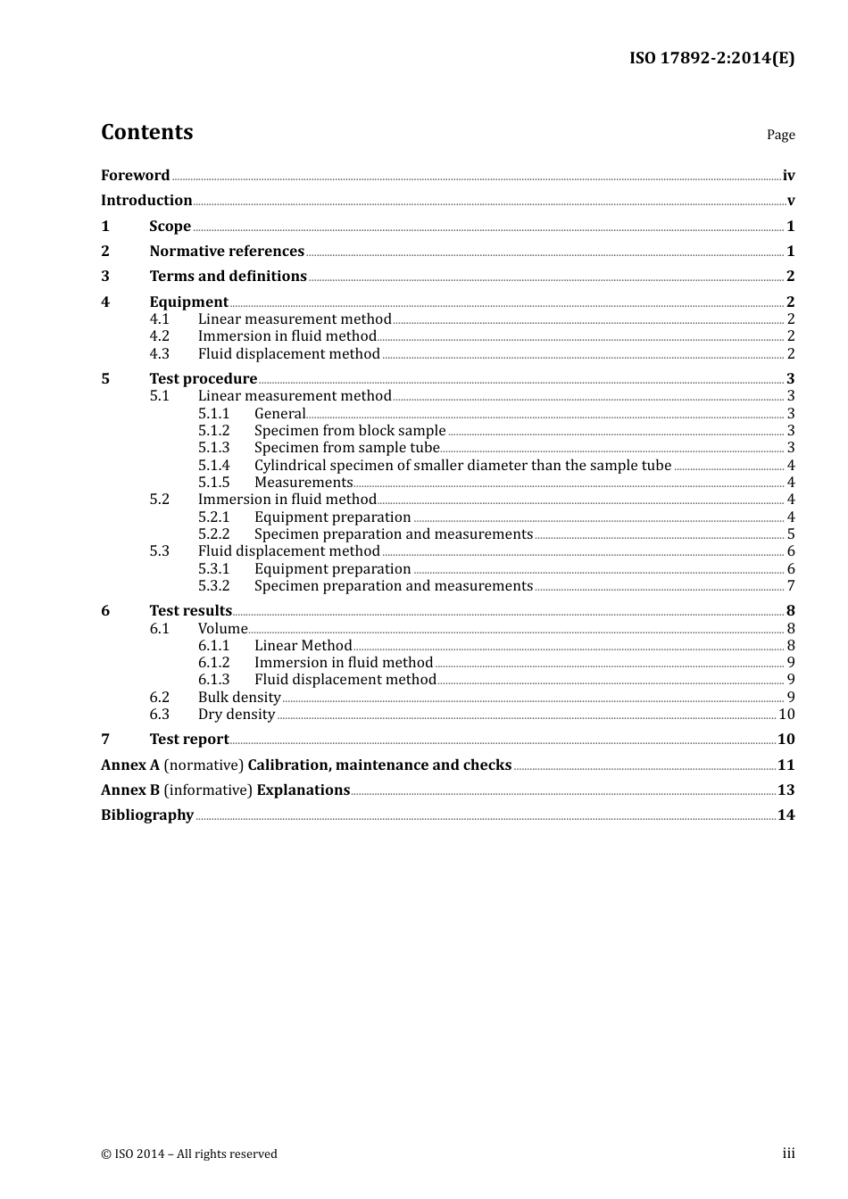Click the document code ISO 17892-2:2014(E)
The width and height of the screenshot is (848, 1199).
point(711,59)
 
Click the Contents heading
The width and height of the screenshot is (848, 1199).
point(146,132)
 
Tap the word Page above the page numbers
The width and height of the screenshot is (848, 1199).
point(780,135)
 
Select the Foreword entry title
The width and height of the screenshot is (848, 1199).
point(135,176)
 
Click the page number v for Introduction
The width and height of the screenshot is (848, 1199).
point(790,201)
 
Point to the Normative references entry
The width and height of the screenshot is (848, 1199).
point(227,252)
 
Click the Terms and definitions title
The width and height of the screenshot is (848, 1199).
point(228,277)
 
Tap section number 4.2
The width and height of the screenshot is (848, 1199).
point(159,336)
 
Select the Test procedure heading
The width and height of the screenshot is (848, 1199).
point(203,379)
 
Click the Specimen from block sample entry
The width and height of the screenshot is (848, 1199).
point(349,431)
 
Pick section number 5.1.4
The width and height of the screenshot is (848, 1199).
point(213,466)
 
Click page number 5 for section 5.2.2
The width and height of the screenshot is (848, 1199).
point(791,534)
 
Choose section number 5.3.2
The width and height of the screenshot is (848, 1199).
point(213,586)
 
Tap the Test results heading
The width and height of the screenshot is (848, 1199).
point(190,611)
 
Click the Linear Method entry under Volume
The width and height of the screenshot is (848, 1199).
point(303,646)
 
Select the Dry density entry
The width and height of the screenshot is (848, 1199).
point(236,715)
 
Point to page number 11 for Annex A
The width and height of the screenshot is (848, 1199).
point(786,765)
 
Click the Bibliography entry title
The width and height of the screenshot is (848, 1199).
point(147,815)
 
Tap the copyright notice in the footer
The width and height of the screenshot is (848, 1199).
point(189,1154)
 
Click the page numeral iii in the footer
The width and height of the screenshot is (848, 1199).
point(788,1154)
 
